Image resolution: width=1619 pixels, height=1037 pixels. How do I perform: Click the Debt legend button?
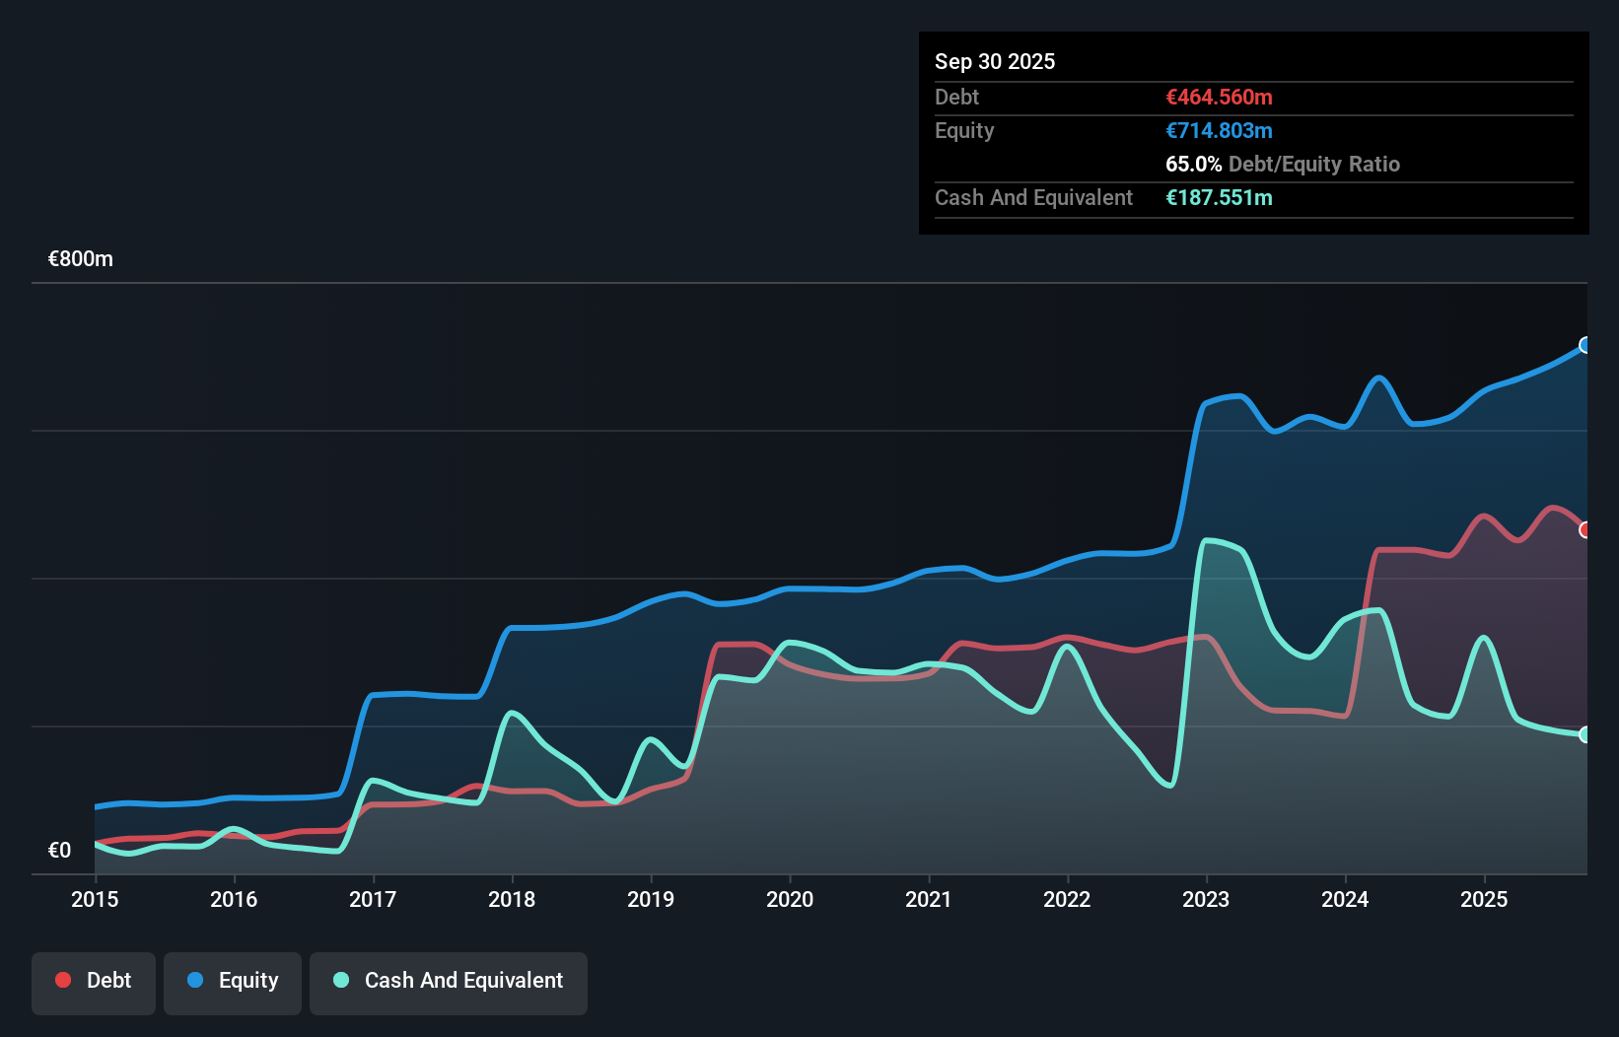94,981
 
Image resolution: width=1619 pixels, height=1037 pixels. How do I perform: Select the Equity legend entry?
233,981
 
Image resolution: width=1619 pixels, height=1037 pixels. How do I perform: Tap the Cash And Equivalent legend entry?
449,981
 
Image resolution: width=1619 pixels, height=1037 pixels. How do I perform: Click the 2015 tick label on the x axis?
95,899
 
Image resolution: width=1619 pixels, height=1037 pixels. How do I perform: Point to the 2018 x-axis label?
512,899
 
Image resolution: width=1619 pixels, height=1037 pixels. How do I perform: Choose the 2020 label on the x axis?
790,899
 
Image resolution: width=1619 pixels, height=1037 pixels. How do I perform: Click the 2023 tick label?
1206,899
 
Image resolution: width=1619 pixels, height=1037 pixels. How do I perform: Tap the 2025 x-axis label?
1484,899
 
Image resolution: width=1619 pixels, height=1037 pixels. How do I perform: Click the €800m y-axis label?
81,259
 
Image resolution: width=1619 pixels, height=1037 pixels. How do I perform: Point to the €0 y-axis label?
59,850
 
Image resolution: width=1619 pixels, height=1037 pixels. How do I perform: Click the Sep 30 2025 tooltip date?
994,61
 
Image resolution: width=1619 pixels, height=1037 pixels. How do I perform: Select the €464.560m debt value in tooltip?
1219,97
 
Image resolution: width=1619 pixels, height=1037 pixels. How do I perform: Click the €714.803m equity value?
1219,130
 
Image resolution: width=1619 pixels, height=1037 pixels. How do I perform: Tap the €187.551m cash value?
1219,197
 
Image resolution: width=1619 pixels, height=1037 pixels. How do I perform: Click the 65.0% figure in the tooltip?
1193,164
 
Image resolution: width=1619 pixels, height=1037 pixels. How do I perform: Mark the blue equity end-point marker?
1585,345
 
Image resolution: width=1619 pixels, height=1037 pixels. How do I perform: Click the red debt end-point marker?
1585,530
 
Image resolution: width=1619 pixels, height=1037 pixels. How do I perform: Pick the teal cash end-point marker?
1585,734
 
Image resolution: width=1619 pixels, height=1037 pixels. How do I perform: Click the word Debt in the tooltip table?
956,97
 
